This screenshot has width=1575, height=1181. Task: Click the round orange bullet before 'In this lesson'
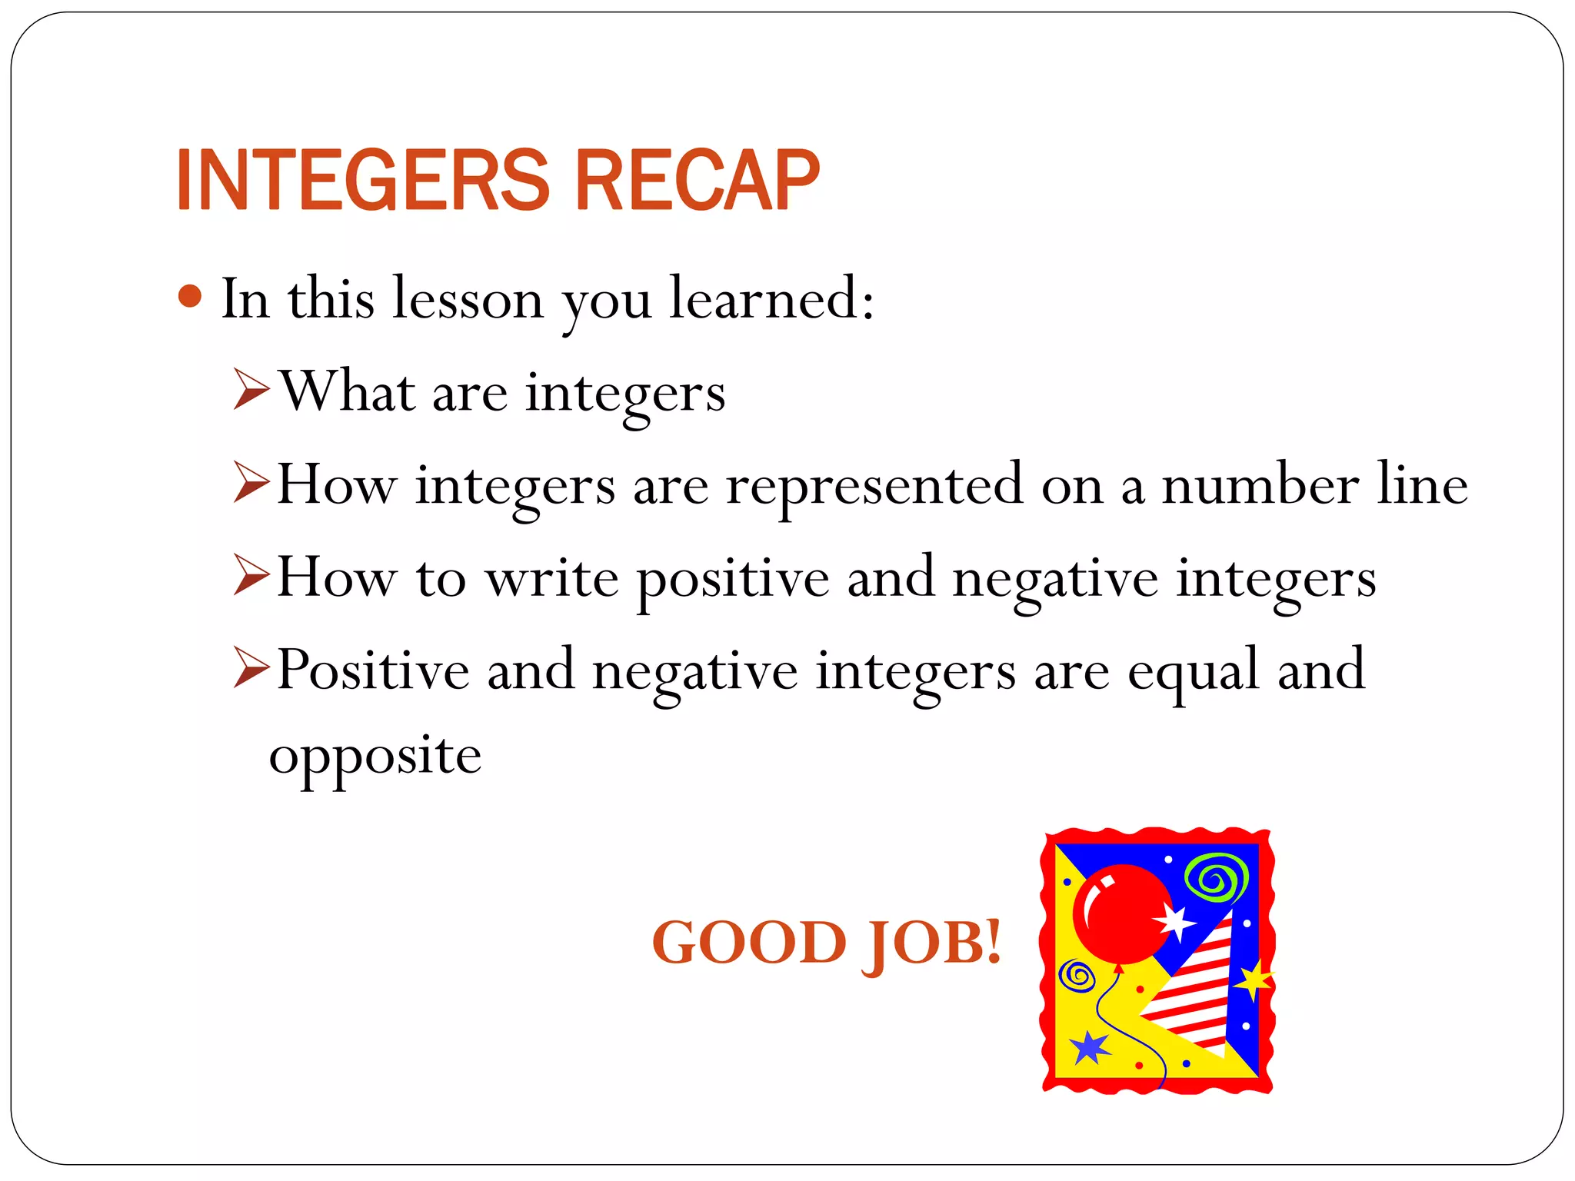(189, 296)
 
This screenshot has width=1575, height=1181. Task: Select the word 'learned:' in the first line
(771, 298)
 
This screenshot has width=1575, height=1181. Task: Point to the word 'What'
(347, 391)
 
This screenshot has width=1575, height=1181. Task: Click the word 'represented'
(874, 486)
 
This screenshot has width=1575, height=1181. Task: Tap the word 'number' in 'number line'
(1260, 486)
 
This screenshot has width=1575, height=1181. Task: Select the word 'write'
(551, 578)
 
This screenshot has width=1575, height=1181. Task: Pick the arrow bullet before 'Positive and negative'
(251, 668)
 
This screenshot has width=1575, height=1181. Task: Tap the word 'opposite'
(375, 757)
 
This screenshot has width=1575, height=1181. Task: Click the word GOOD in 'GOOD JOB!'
(749, 942)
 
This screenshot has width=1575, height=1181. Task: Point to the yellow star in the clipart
(1254, 980)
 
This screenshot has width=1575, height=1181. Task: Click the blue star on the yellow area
(1090, 1047)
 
